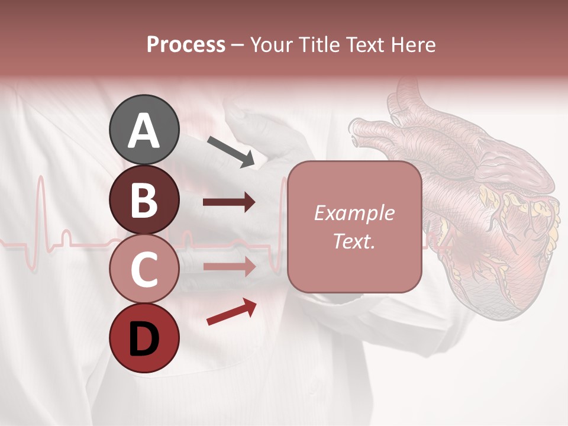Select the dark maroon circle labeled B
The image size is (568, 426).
pyautogui.click(x=144, y=199)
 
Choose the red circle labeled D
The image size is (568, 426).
pyautogui.click(x=144, y=338)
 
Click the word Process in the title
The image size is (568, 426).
pyautogui.click(x=186, y=44)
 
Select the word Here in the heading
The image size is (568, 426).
pyautogui.click(x=414, y=44)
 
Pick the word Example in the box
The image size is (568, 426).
pyautogui.click(x=354, y=213)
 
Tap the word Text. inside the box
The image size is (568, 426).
pyautogui.click(x=354, y=241)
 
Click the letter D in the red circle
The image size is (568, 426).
pyautogui.click(x=144, y=340)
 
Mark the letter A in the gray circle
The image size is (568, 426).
pyautogui.click(x=144, y=131)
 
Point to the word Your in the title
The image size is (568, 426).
pyautogui.click(x=272, y=44)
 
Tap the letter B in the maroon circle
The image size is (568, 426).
pyautogui.click(x=144, y=201)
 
